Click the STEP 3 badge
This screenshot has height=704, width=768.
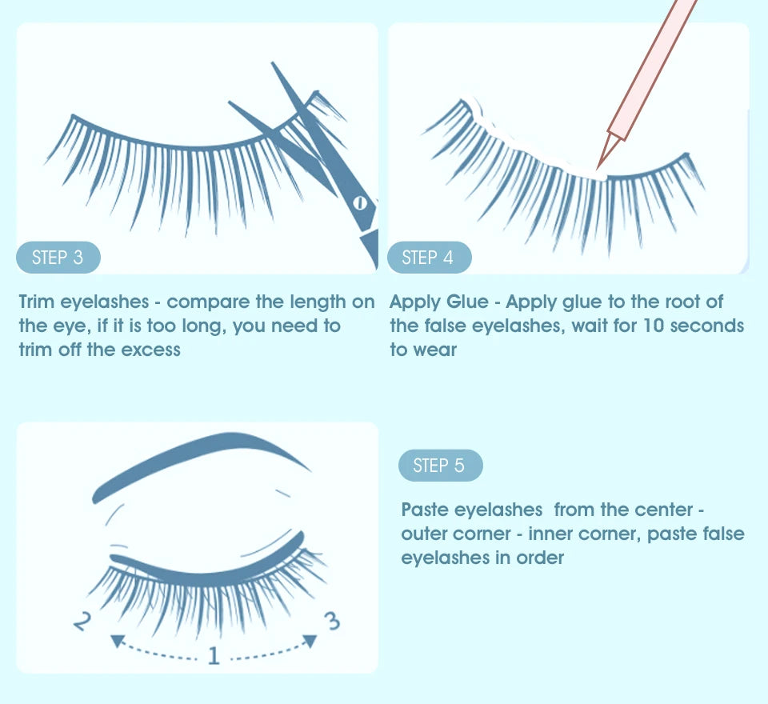point(58,258)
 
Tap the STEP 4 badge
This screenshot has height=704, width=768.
point(428,258)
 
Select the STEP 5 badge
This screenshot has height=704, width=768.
point(439,466)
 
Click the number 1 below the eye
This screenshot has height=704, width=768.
point(213,656)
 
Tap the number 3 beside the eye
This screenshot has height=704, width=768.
point(334,620)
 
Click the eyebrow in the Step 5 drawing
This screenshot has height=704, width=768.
point(200,461)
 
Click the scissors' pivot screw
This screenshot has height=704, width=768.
point(360,203)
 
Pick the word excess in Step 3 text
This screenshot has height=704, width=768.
point(150,350)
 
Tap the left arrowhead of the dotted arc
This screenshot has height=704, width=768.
point(117,640)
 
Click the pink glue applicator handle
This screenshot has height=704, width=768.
point(651,64)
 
